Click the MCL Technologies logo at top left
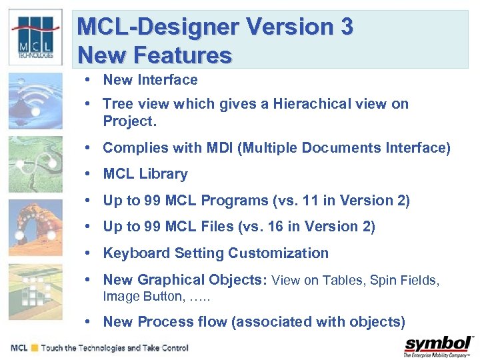35,37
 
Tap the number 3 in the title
345,27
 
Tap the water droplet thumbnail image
35,100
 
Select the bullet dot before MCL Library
88,174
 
